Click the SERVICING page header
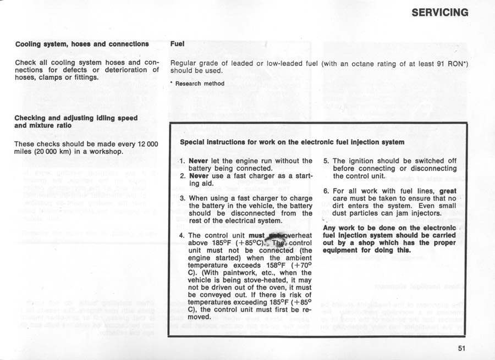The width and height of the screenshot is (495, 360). tap(439, 12)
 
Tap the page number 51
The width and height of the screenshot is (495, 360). tap(461, 347)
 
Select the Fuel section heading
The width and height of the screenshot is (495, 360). tap(177, 43)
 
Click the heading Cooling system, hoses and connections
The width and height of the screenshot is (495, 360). tap(82, 43)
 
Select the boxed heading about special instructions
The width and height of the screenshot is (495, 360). tap(292, 142)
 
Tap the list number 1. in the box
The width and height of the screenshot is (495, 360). tap(183, 161)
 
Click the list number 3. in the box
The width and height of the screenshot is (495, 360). tap(183, 197)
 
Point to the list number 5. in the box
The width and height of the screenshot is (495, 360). tap(326, 161)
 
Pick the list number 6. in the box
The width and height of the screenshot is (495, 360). tap(326, 191)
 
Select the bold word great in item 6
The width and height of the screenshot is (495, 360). tap(449, 191)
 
